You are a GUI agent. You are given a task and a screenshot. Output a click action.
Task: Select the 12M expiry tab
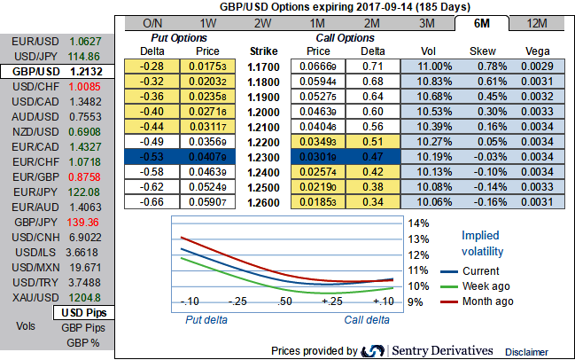536,23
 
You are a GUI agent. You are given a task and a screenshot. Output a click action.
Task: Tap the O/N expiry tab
152,23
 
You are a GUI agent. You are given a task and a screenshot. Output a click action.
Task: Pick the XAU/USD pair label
32,297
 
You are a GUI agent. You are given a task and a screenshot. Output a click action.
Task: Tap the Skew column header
486,51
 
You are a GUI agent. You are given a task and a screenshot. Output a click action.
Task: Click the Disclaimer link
527,352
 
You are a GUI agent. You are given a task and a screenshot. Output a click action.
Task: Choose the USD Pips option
83,312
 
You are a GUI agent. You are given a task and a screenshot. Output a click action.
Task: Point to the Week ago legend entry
487,286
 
